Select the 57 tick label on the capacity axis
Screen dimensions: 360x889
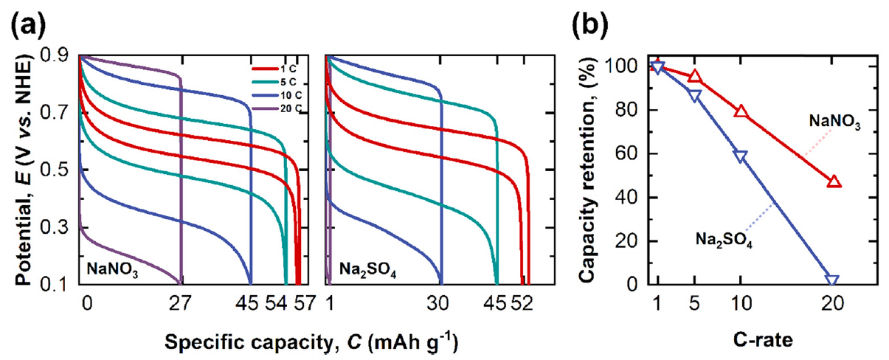pos(303,302)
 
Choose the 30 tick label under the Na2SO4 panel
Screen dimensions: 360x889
pos(440,302)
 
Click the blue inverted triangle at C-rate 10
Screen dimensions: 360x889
pos(740,156)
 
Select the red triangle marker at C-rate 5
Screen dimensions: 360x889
pos(694,77)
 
